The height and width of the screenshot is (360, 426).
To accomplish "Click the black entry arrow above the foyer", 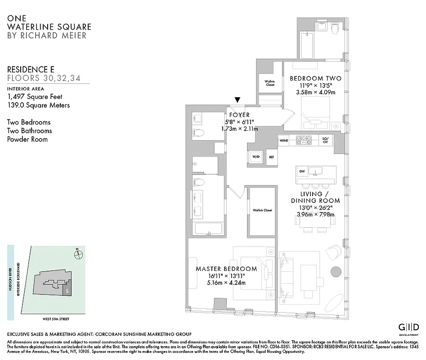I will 238,100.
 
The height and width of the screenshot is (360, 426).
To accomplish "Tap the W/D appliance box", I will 256,157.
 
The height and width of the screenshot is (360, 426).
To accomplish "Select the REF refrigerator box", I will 271,157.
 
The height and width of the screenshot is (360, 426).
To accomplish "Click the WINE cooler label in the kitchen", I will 284,140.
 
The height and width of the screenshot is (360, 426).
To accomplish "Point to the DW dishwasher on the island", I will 302,171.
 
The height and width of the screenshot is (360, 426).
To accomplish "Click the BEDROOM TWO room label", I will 315,78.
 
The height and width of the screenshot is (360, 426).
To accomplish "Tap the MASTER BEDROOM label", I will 226,269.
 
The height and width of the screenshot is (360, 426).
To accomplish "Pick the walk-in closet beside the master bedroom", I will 262,211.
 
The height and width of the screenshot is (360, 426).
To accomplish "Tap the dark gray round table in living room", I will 336,272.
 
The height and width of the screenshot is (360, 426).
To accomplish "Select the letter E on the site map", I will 67,291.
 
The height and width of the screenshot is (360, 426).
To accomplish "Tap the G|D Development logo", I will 409,328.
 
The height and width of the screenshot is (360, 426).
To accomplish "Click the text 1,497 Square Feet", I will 35,96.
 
